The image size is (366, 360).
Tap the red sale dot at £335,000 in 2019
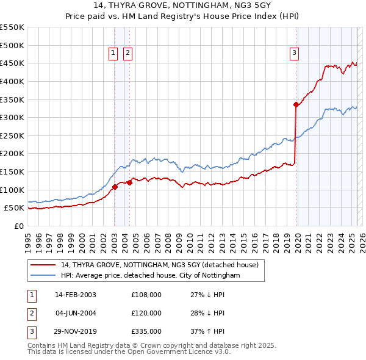pos(296,104)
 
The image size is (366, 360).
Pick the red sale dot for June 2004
pos(129,182)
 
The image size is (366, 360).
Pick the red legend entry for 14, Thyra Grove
pos(160,265)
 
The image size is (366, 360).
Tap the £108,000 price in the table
pos(146,295)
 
